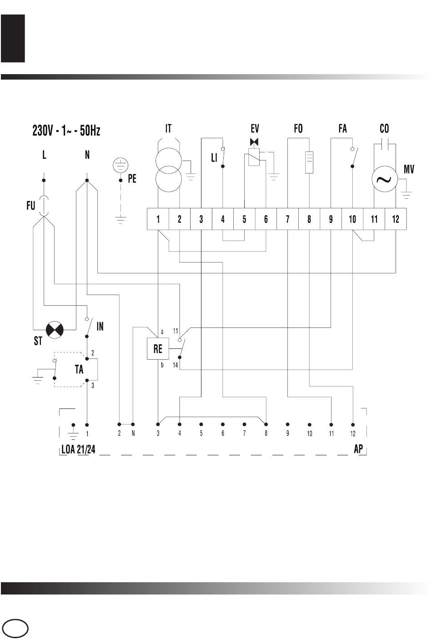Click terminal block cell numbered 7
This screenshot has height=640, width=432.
coord(287,219)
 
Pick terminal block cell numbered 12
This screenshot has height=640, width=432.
coord(396,219)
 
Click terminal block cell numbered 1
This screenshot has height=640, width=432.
coord(158,219)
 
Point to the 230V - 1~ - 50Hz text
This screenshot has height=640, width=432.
coord(66,131)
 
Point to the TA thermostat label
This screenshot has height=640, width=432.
coord(79,370)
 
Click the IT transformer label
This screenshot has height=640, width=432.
coord(168,129)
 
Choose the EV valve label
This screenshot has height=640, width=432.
coord(255,129)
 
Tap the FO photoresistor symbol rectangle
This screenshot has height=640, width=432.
coord(309,161)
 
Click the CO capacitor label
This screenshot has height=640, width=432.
coord(384,129)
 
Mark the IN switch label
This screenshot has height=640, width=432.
coord(100,326)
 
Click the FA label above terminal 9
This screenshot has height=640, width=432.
coord(342,129)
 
